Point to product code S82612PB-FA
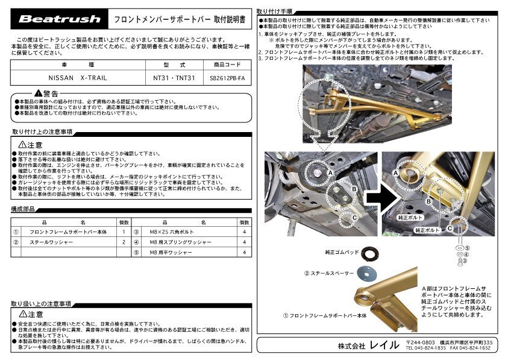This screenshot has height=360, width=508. tap(227, 78)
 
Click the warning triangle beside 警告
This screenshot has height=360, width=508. tap(39, 93)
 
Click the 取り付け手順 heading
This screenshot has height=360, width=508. tap(275, 11)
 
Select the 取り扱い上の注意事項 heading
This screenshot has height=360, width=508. tap(42, 303)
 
